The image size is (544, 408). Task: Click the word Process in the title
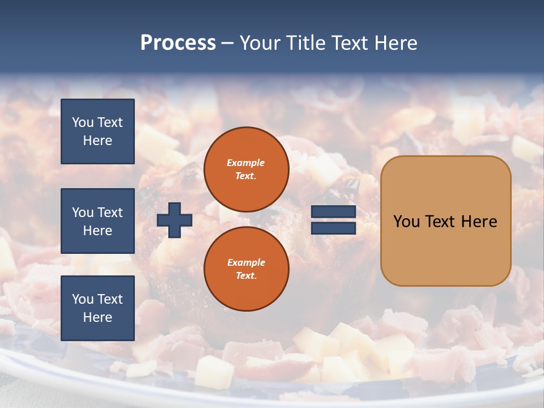click(178, 43)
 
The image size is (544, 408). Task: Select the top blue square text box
click(97, 131)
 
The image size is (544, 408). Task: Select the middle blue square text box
click(97, 221)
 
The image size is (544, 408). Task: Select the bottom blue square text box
click(97, 308)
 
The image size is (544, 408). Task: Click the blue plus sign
click(175, 220)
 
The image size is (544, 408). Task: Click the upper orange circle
click(246, 169)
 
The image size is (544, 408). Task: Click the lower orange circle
click(246, 269)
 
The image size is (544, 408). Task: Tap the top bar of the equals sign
click(333, 212)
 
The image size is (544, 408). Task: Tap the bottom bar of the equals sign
click(333, 228)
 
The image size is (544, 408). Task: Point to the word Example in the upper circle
click(245, 163)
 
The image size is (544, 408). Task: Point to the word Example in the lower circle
click(246, 262)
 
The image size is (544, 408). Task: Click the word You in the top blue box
click(83, 122)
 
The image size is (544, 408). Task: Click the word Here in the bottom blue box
click(97, 317)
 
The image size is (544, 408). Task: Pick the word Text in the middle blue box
click(110, 212)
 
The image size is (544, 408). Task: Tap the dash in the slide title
click(228, 43)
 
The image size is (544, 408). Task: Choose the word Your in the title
click(261, 43)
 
